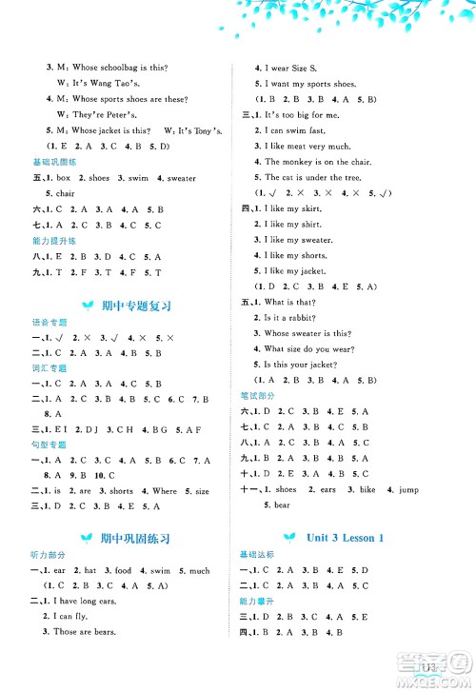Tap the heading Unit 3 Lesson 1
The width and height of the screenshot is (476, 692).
[345, 538]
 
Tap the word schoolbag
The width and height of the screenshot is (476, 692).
[118, 68]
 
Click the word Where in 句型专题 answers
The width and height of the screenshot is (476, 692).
[164, 491]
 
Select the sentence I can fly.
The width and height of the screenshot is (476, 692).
[72, 616]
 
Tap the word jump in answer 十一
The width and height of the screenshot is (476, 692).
[409, 489]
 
